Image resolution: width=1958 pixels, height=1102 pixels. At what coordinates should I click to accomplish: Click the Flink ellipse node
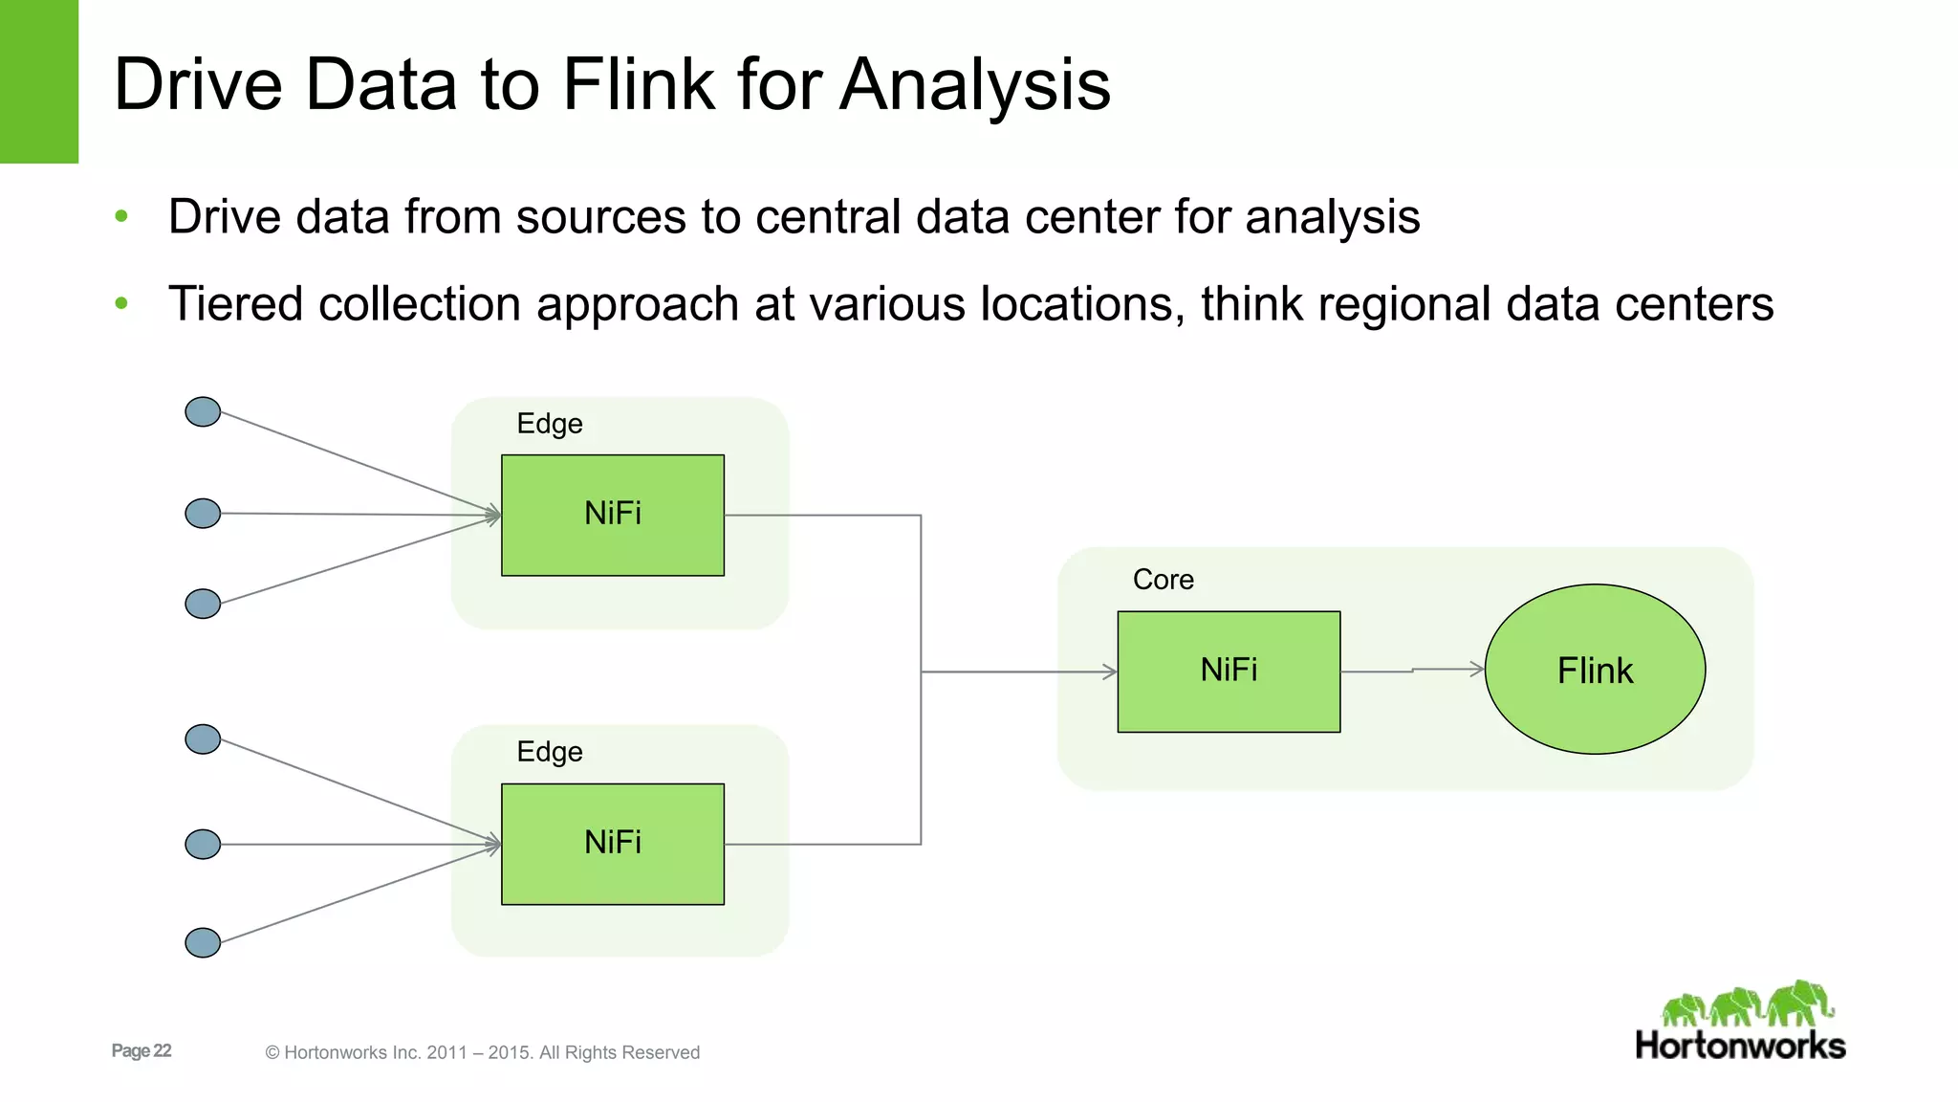coord(1595,670)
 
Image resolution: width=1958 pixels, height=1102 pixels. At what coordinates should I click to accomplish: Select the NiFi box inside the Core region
coord(1229,672)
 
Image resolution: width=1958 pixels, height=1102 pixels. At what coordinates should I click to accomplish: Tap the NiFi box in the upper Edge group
coord(613,515)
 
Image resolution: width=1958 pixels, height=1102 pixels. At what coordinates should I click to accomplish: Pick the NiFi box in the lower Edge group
coord(613,844)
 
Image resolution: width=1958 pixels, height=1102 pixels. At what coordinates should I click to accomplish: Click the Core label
coord(1163,580)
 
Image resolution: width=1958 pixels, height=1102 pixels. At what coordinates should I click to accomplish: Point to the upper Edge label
coord(549,424)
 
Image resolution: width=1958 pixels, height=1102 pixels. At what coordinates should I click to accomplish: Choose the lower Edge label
coord(549,752)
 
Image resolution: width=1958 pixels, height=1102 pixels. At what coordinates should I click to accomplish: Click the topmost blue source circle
coord(203,412)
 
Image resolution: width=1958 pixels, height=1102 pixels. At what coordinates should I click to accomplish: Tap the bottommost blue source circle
coord(203,942)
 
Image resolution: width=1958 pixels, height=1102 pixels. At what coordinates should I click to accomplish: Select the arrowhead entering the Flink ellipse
coord(1478,669)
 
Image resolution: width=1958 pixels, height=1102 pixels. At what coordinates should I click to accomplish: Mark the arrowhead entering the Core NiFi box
coord(1111,672)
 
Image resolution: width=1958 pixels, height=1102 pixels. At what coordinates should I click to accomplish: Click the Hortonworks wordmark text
coord(1740,1046)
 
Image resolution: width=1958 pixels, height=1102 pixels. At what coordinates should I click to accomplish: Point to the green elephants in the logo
coord(1748,1004)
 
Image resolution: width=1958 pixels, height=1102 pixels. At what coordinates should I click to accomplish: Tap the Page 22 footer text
coord(141,1050)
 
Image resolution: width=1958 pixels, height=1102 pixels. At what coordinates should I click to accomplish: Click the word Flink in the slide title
coord(639,84)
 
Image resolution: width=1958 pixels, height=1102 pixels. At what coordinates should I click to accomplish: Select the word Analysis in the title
coord(975,84)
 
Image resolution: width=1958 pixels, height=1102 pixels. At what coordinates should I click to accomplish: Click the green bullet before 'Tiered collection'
coord(121,304)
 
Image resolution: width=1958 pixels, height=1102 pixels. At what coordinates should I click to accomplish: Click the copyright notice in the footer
coord(483,1052)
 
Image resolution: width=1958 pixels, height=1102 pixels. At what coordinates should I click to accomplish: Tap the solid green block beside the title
coord(38,81)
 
